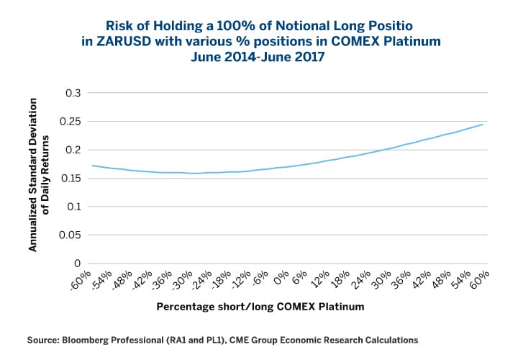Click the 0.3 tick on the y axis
point(73,93)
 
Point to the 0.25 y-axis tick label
point(70,122)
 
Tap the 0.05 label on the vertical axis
point(70,235)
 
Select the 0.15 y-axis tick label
point(70,179)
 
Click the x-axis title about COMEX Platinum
point(260,307)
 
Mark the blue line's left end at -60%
point(92,166)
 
